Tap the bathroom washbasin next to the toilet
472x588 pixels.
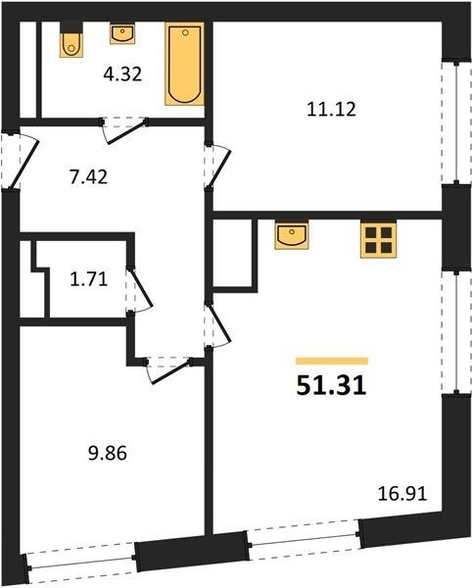[122, 34]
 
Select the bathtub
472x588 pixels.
[185, 64]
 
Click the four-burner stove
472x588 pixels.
[378, 240]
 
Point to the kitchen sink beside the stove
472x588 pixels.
[292, 235]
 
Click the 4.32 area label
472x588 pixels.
[122, 74]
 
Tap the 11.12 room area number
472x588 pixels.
[331, 109]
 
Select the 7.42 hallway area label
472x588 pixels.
[88, 176]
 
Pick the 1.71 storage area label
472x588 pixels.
[89, 279]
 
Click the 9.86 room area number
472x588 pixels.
[108, 454]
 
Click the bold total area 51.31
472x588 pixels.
[331, 386]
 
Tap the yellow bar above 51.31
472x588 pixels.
[332, 361]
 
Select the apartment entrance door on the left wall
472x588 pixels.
[20, 161]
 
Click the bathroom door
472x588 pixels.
[123, 130]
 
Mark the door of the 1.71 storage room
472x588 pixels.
[139, 290]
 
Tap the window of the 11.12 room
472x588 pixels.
[456, 122]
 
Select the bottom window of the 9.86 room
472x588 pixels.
[81, 563]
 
